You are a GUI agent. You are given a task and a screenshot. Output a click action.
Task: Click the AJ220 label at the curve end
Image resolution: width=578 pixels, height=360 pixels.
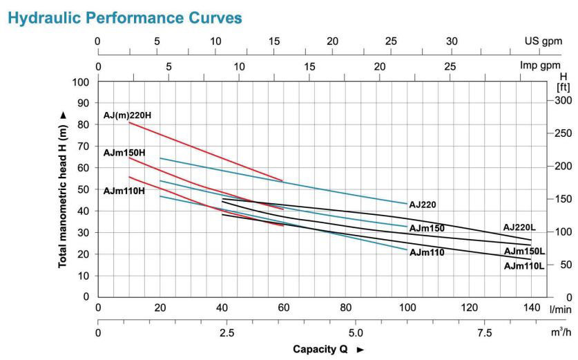[x=423, y=205]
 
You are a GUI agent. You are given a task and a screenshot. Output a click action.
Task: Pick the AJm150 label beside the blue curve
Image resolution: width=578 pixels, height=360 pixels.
[x=426, y=228]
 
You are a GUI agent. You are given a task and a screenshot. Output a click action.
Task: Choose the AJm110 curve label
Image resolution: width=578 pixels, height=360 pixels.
[x=426, y=252]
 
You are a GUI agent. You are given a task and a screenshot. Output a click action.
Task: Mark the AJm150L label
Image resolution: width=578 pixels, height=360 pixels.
[x=524, y=252]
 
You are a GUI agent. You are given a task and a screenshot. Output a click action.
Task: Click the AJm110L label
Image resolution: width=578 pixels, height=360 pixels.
[x=524, y=266]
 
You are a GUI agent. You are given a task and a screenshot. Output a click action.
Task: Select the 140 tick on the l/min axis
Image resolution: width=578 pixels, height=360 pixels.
[x=531, y=307]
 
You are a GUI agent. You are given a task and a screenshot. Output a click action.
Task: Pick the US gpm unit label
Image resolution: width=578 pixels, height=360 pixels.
[x=543, y=41]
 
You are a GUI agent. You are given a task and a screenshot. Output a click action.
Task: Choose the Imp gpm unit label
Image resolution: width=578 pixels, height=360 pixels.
[x=541, y=66]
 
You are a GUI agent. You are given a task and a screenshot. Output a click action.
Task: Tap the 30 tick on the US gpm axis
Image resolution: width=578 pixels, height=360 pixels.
[x=451, y=41]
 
